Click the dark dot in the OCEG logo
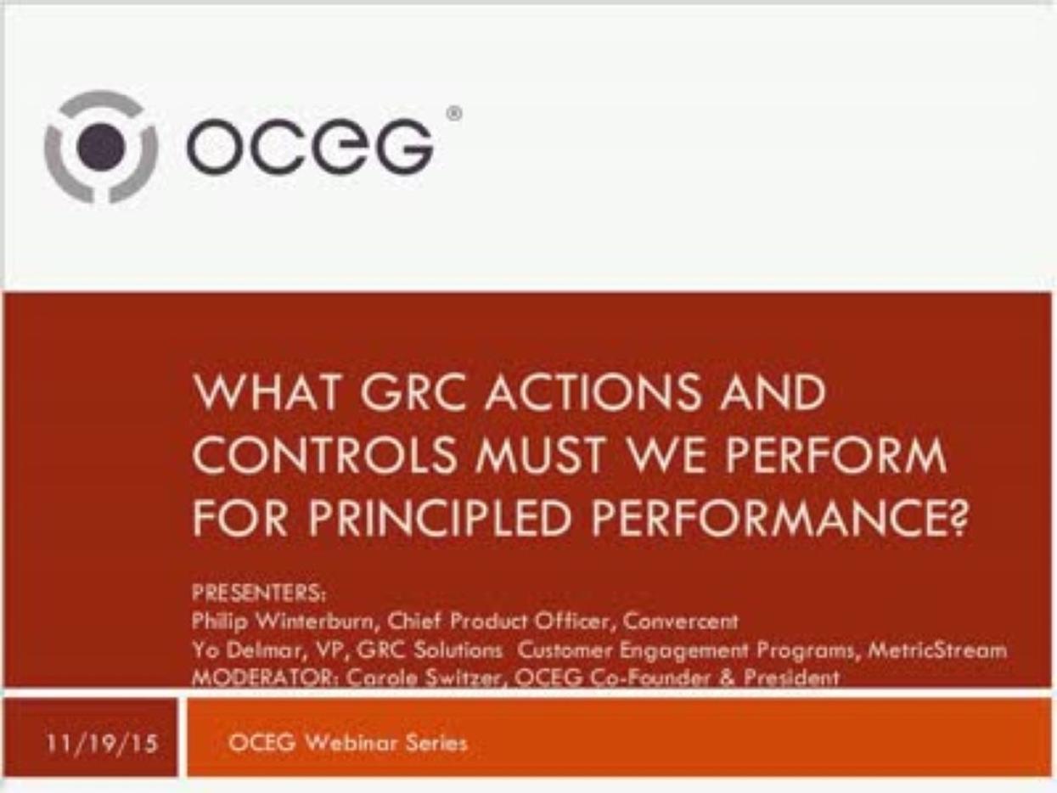[x=101, y=146]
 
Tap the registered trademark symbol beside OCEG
[x=454, y=114]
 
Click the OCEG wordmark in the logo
[x=311, y=146]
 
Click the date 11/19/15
[x=103, y=744]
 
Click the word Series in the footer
[x=436, y=743]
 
